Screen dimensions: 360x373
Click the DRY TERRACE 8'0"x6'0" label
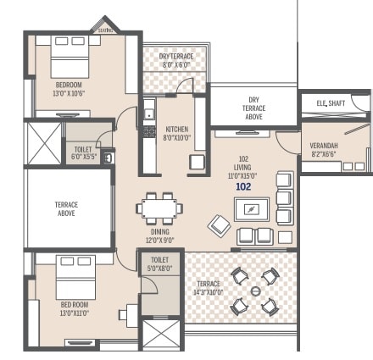pos(176,58)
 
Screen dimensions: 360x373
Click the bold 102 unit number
pos(243,186)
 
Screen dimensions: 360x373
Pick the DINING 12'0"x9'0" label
pos(159,235)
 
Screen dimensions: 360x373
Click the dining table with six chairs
pos(159,208)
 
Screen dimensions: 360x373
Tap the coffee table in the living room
pos(252,208)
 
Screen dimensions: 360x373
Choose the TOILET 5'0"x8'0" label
pos(160,264)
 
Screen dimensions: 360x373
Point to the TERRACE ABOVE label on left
pos(66,209)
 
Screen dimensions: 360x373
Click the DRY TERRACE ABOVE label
pos(253,108)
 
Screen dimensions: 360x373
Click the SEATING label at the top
pos(105,28)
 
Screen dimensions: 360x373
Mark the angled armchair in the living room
pos(219,225)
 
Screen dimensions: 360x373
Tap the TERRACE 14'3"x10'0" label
pos(208,288)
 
